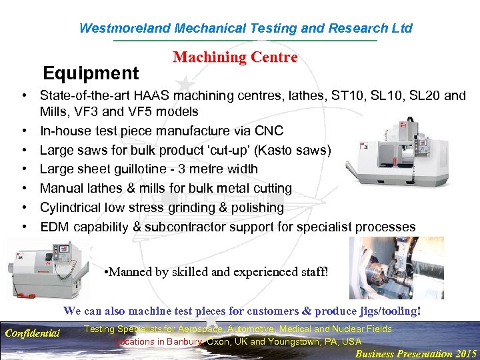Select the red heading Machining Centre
point(235,57)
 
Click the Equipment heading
point(91,73)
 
